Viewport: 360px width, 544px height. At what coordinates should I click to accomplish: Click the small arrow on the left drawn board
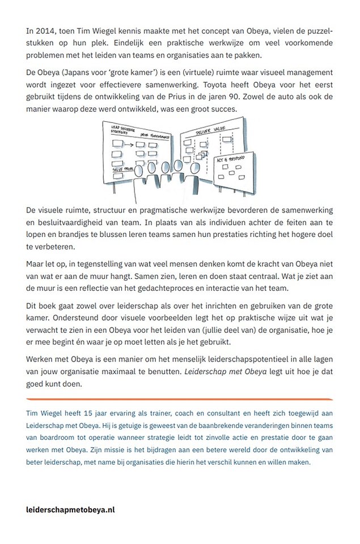click(x=129, y=144)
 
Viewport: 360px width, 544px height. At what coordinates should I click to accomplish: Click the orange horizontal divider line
click(x=180, y=399)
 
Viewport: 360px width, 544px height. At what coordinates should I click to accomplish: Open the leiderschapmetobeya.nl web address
click(x=71, y=509)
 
